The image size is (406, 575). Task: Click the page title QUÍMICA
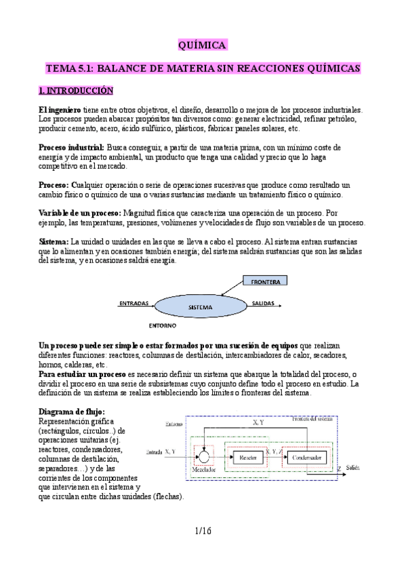(202, 45)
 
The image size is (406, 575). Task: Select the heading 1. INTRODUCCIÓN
(76, 90)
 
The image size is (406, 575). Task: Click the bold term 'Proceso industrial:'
(71, 147)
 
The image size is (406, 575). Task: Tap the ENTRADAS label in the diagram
(134, 303)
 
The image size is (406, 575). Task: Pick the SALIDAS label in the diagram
(264, 303)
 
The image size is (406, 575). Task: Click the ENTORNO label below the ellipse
(163, 325)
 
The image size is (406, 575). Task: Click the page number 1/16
(202, 531)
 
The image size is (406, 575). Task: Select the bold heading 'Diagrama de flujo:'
(72, 412)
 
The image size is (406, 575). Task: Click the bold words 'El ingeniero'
(60, 109)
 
